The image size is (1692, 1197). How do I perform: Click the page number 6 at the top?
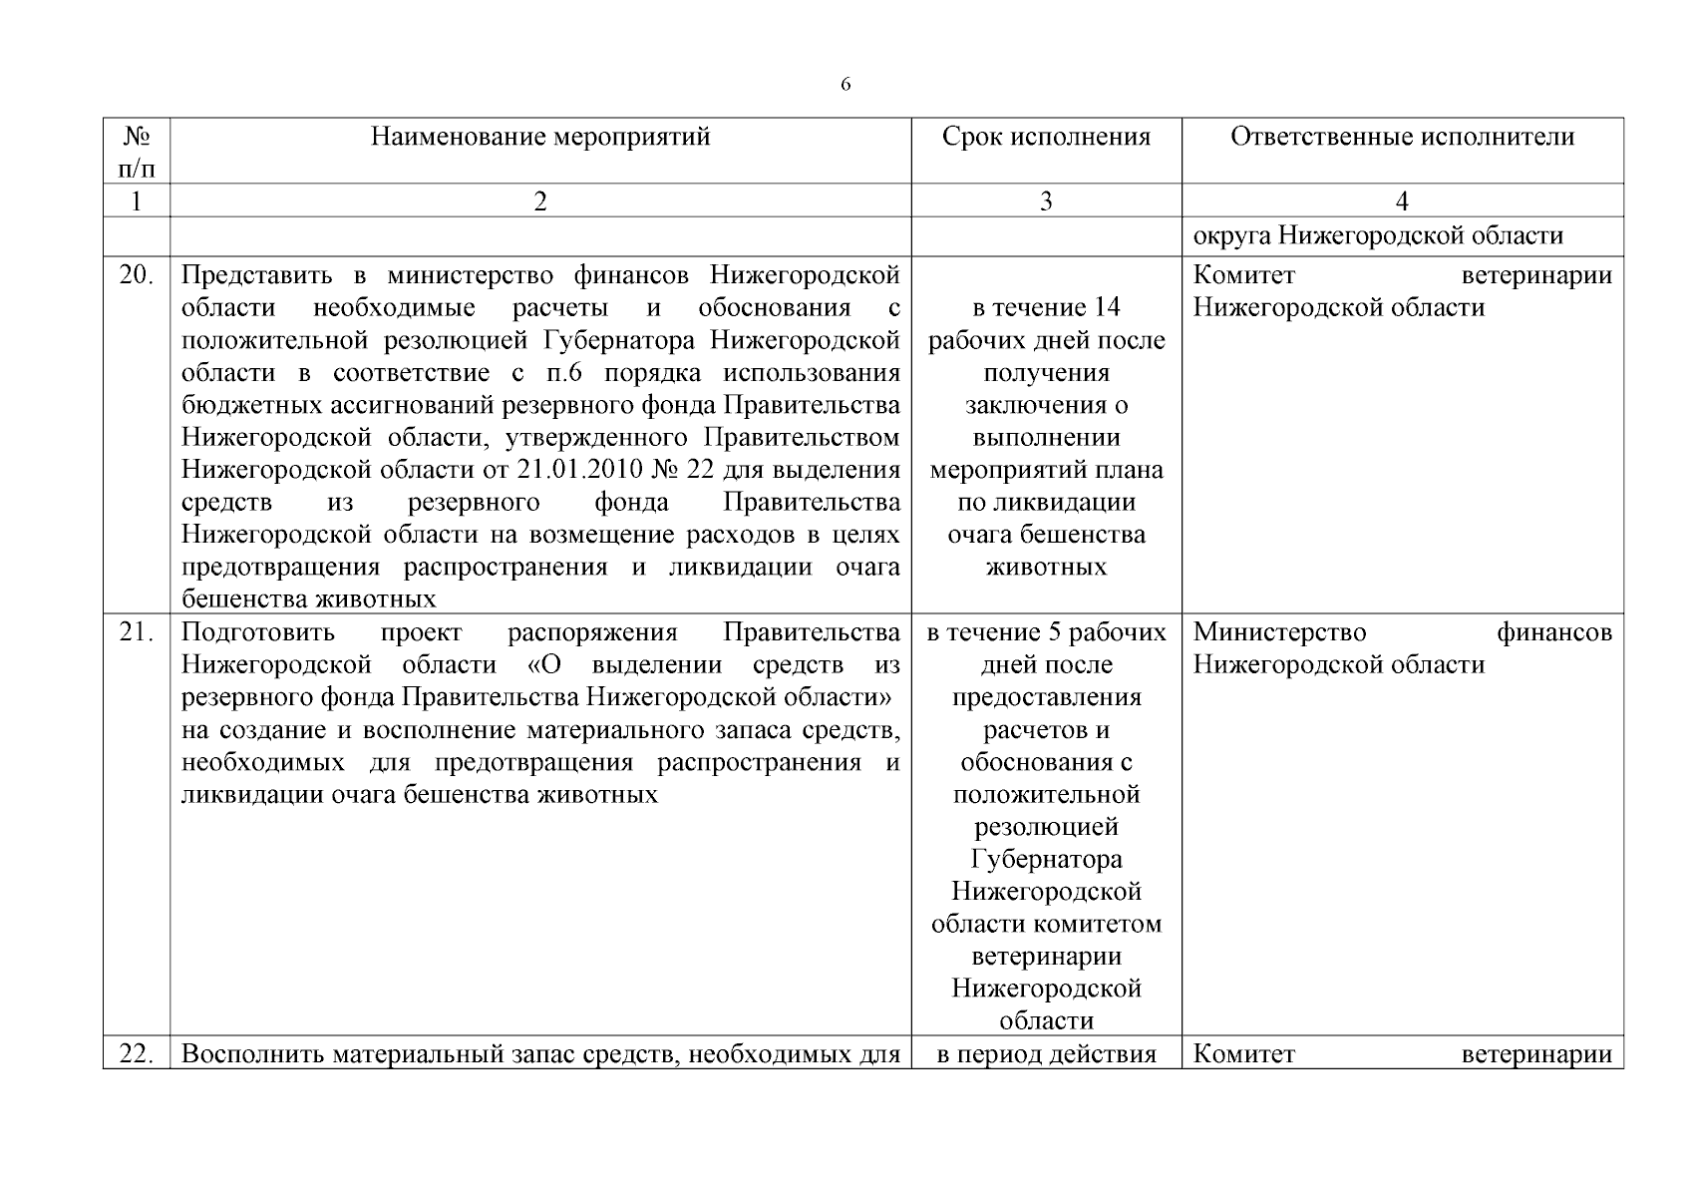coord(846,85)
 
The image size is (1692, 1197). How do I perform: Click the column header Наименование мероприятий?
coord(540,137)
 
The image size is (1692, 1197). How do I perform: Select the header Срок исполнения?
coord(1046,137)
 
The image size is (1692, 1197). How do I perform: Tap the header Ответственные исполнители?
coord(1402,137)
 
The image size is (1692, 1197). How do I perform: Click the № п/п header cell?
coord(137,151)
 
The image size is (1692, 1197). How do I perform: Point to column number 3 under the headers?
coord(1046,201)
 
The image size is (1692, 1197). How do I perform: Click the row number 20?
coord(137,275)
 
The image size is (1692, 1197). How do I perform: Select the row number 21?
coord(137,632)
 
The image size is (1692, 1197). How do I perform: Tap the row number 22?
coord(137,1054)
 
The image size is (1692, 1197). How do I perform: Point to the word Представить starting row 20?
coord(258,275)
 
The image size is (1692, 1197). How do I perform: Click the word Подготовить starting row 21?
coord(258,632)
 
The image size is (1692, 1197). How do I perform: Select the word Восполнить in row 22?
coord(253,1054)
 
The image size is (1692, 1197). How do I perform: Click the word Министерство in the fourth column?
coord(1279,632)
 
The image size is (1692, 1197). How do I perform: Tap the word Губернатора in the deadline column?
coord(1046,859)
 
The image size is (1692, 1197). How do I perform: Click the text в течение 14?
coord(1046,307)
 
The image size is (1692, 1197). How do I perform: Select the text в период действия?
coord(1046,1054)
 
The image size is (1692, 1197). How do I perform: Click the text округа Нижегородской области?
coord(1378,236)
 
